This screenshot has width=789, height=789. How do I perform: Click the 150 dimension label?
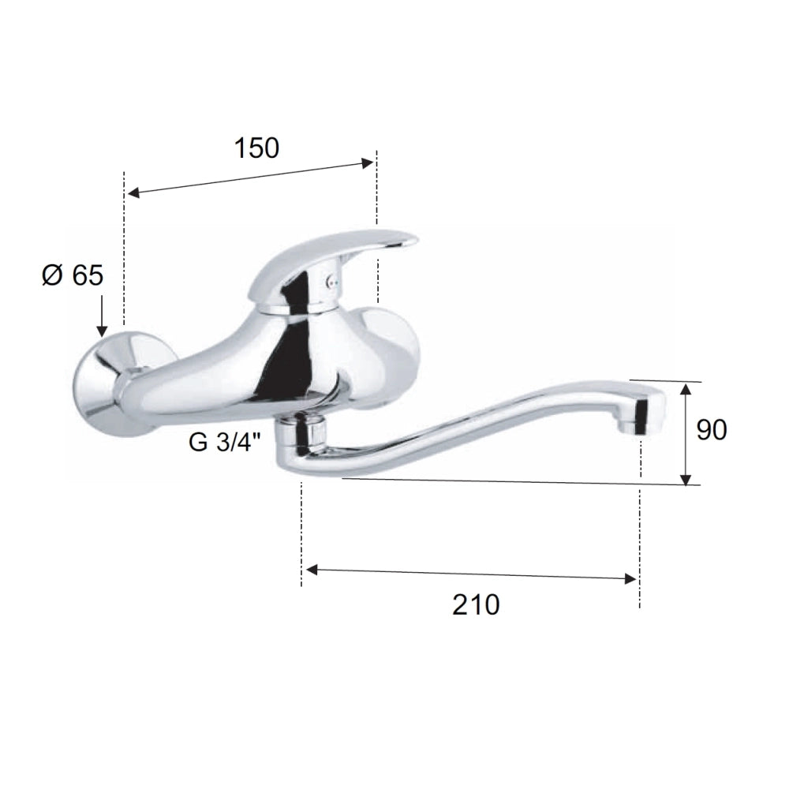pos(256,148)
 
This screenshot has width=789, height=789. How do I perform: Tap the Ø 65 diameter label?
pos(73,275)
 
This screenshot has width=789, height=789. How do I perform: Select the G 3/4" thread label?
pos(225,443)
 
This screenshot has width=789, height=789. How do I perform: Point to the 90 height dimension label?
pos(712,430)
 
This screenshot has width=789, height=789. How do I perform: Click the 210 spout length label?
pos(476,604)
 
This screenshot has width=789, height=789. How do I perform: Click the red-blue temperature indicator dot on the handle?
pos(330,283)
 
